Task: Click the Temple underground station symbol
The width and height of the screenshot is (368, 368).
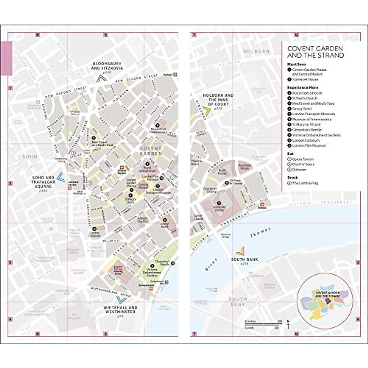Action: pyautogui.click(x=262, y=204)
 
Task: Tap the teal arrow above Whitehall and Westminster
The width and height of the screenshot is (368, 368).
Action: pyautogui.click(x=121, y=299)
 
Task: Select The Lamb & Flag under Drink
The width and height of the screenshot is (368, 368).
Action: pyautogui.click(x=305, y=183)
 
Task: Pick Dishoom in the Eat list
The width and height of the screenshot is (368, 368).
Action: pyautogui.click(x=299, y=170)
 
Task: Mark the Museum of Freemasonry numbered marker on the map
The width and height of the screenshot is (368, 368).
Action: pyautogui.click(x=157, y=125)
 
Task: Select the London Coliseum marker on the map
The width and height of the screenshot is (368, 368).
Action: pyautogui.click(x=94, y=228)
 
